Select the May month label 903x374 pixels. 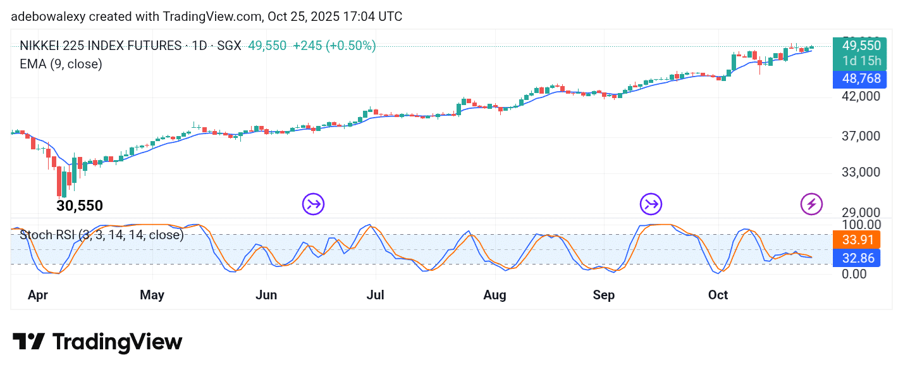tap(152, 295)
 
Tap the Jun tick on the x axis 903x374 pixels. tap(266, 295)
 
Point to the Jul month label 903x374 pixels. tap(376, 295)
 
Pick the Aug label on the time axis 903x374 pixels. tap(494, 295)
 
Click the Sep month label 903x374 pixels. tap(604, 295)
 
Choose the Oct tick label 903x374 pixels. tap(718, 295)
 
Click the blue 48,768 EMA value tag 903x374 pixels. tap(857, 79)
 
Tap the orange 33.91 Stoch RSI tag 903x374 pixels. tap(857, 240)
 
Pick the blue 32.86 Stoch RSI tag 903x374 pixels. tap(857, 258)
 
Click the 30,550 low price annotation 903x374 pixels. tap(80, 206)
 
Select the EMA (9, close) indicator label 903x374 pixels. tap(61, 64)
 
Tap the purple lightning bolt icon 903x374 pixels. tap(811, 204)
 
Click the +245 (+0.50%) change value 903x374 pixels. tap(333, 46)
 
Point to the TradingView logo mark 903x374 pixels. tap(28, 342)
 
